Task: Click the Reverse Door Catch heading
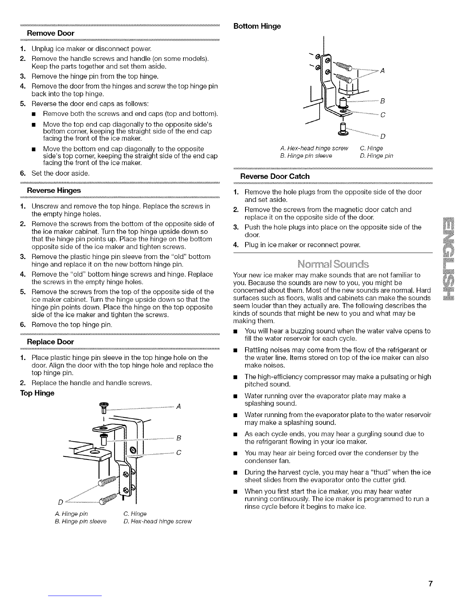(275, 176)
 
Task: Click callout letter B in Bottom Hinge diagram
(382, 101)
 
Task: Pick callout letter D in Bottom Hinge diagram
(382, 136)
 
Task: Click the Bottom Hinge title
(257, 26)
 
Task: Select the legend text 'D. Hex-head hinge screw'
(158, 521)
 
